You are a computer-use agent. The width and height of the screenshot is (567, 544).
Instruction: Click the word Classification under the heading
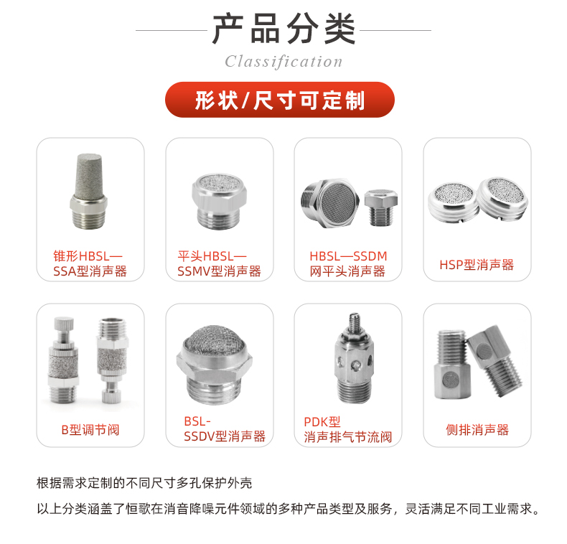click(x=283, y=62)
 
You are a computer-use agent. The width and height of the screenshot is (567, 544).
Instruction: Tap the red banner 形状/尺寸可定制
click(x=280, y=100)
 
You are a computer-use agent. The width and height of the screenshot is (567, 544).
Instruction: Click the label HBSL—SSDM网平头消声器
click(x=347, y=263)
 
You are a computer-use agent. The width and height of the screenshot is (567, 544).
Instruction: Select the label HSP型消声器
click(x=477, y=265)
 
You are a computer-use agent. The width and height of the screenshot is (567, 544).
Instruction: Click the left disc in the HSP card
click(x=453, y=197)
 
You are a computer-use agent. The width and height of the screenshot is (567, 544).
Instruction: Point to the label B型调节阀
click(x=90, y=430)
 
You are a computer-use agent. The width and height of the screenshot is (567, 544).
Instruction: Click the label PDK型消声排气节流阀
click(x=347, y=429)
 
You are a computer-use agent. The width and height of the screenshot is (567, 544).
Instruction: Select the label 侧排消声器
click(x=477, y=430)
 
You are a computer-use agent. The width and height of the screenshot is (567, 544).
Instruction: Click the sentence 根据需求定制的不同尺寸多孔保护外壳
click(x=144, y=482)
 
